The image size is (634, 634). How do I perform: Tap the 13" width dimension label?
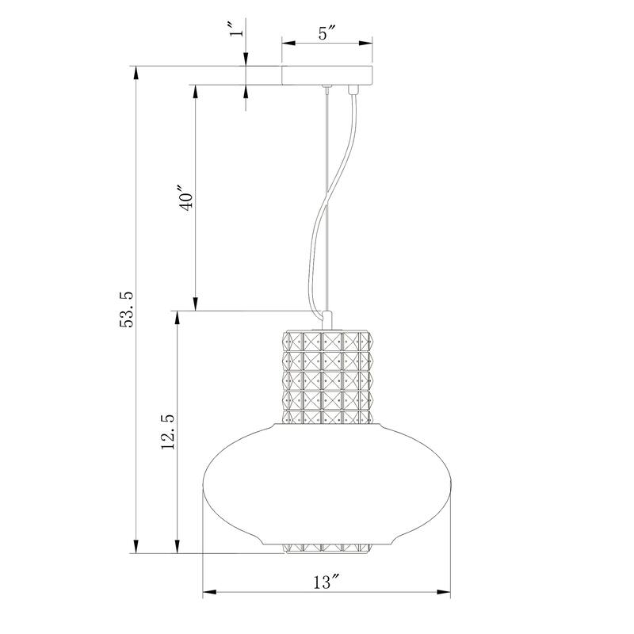326,582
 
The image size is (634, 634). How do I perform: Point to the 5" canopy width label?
327,33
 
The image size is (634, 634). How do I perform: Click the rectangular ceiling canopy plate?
327,75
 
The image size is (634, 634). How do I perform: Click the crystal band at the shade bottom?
327,548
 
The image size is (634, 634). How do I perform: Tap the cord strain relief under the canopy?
352,90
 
